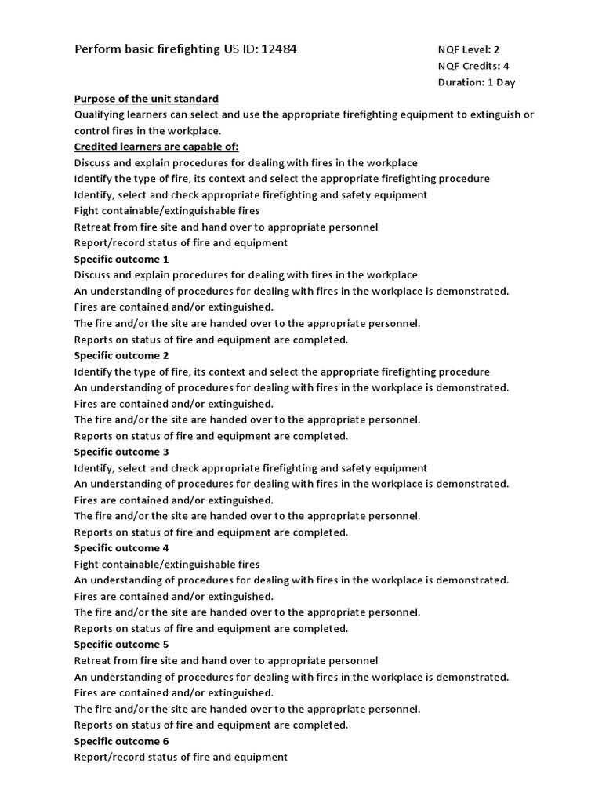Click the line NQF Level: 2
tap(468, 50)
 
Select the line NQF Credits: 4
tap(473, 67)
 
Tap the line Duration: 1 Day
tap(477, 82)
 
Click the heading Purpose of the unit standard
tap(146, 99)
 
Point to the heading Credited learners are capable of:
tap(156, 147)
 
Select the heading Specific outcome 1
tap(121, 259)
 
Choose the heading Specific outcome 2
tap(121, 355)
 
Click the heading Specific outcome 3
tap(121, 452)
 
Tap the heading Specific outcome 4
tap(121, 548)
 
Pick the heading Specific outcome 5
tap(121, 645)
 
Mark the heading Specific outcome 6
tap(121, 741)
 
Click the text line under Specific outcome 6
tap(180, 758)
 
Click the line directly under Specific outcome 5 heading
tap(226, 661)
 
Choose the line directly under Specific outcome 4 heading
tap(166, 565)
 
